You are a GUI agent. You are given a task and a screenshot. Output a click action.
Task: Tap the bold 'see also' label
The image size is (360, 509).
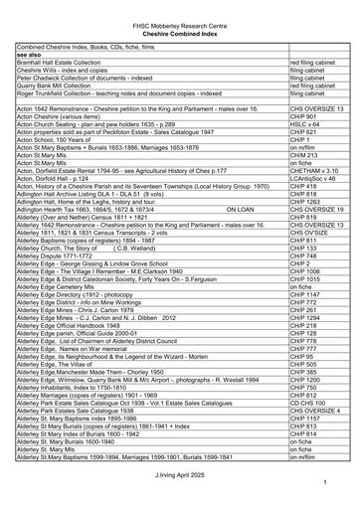coord(29,55)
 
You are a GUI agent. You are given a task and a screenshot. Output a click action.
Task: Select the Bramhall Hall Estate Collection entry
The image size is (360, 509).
coord(66,64)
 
